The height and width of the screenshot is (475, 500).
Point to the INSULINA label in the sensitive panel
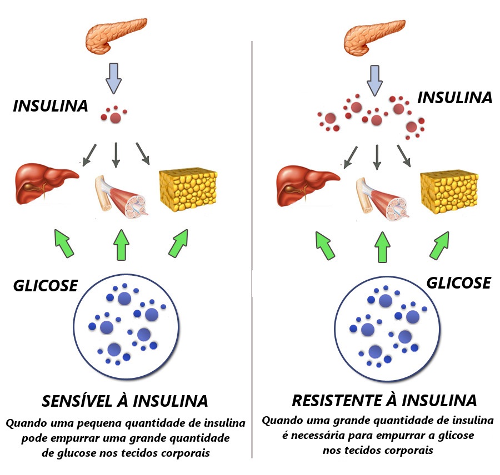tap(51, 106)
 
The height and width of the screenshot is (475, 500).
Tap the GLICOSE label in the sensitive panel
tap(46, 286)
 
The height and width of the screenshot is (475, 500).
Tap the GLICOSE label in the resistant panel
tap(458, 282)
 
